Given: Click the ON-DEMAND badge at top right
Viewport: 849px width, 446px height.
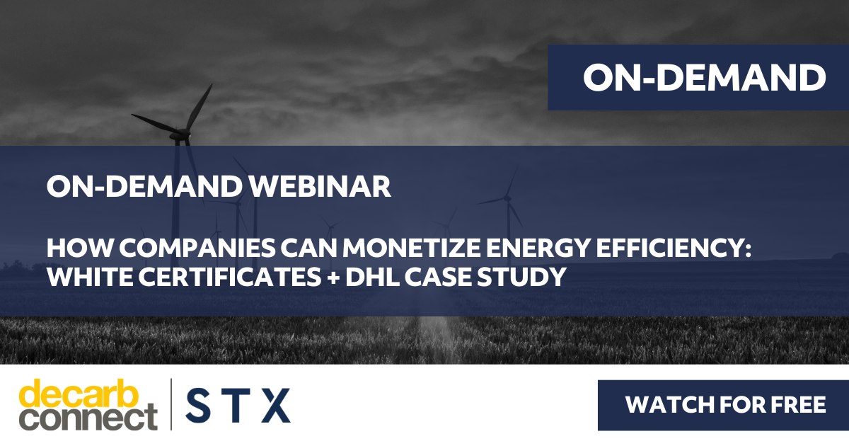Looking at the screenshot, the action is pos(698,77).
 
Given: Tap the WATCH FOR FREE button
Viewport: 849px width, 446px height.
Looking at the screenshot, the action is pos(723,405).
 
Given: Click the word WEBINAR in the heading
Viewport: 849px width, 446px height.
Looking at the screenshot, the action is pos(320,187).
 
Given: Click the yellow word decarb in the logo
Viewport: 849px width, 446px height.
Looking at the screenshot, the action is pos(79,394).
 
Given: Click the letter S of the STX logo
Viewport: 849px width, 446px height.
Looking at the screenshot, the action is pos(197,406).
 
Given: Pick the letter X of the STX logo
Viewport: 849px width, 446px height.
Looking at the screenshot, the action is pos(276,406).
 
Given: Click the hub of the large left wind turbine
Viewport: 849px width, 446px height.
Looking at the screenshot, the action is pos(185,134).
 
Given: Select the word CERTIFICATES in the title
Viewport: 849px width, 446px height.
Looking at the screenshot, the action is pos(230,277).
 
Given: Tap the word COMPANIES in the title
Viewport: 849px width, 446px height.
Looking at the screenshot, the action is pos(197,248).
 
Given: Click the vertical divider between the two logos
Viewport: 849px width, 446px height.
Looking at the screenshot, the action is pos(171,404).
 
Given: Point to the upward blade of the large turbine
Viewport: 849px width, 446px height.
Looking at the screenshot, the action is pos(199,108).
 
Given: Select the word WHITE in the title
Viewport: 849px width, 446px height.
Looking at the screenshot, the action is pos(90,277).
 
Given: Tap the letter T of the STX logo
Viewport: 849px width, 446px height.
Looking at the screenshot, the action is pos(236,406).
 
